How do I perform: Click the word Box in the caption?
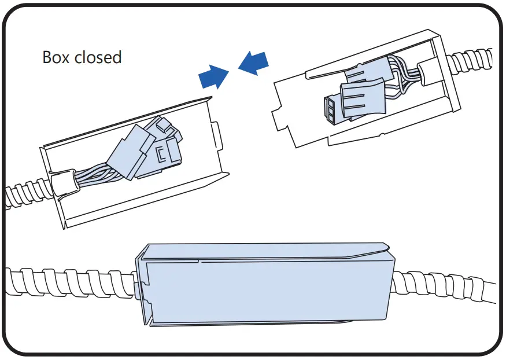(x=55, y=57)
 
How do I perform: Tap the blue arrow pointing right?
(x=211, y=75)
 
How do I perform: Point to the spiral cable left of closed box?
(x=69, y=282)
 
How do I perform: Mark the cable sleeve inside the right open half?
(x=430, y=73)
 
